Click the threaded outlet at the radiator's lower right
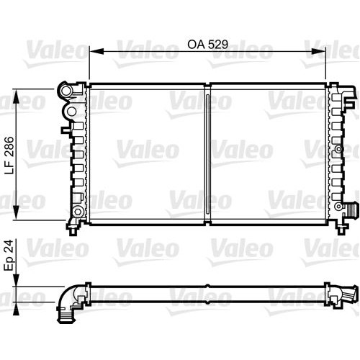tap(351, 210)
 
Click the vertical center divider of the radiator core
tap(207, 155)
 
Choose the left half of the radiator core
tap(147, 155)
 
